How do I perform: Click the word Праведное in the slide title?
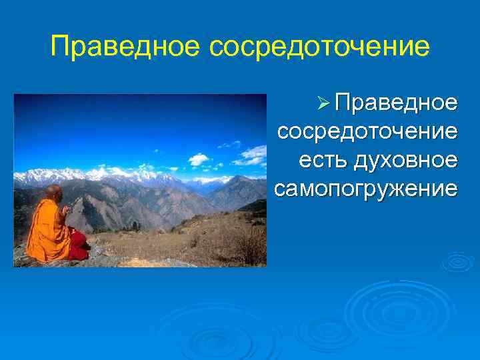(x=125, y=47)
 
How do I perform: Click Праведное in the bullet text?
(x=396, y=104)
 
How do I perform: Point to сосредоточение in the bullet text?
(x=367, y=132)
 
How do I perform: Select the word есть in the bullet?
(x=319, y=161)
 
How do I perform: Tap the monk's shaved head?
(x=53, y=193)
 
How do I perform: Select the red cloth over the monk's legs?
(x=78, y=248)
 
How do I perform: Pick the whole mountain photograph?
(x=140, y=180)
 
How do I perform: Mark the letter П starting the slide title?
(x=61, y=47)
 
